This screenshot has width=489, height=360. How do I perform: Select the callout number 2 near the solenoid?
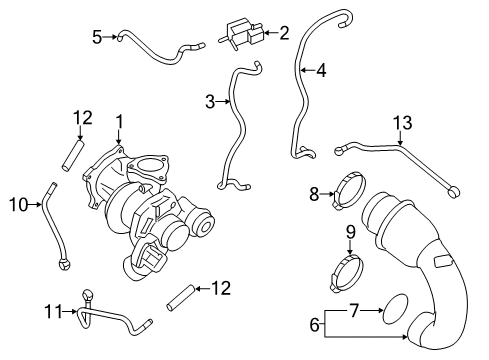pyautogui.click(x=284, y=33)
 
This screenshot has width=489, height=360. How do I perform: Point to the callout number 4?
pyautogui.click(x=321, y=70)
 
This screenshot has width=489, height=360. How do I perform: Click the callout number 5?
pyautogui.click(x=97, y=37)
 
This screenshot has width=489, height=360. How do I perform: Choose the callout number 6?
pyautogui.click(x=313, y=325)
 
